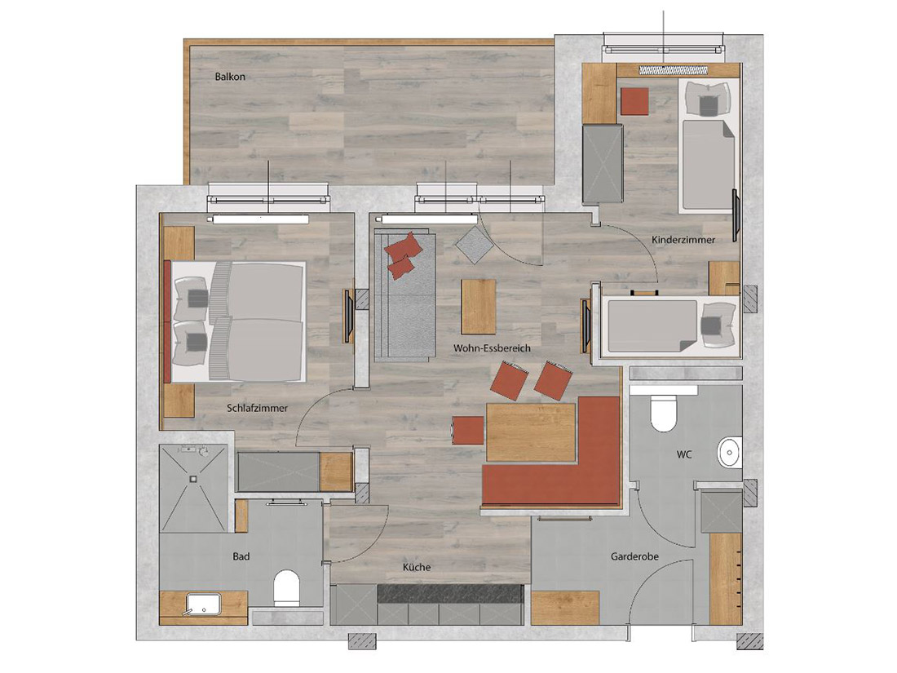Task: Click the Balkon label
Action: click(x=230, y=77)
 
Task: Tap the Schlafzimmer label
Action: click(x=257, y=408)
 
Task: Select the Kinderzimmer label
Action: click(x=683, y=240)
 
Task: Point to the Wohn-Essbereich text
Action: click(x=492, y=348)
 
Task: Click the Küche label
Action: click(x=417, y=567)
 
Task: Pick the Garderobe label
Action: click(x=634, y=556)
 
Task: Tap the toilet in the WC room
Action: click(x=664, y=413)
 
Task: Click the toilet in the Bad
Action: click(x=286, y=587)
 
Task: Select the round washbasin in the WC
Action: click(x=729, y=453)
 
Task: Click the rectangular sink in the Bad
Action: click(x=203, y=604)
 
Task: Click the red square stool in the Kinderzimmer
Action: click(x=635, y=101)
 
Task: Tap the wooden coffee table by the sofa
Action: click(x=478, y=306)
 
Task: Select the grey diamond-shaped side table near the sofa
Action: click(x=475, y=245)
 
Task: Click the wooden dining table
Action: click(x=530, y=432)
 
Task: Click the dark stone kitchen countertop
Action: click(x=449, y=593)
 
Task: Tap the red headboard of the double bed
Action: click(x=167, y=321)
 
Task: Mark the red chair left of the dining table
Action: click(x=468, y=431)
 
